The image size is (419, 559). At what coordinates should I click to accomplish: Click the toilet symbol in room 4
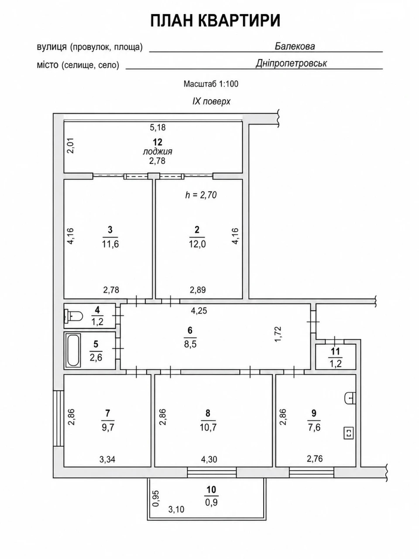click(x=74, y=316)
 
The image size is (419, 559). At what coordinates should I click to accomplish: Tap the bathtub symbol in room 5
click(x=73, y=350)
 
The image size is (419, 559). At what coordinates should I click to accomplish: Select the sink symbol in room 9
click(x=350, y=398)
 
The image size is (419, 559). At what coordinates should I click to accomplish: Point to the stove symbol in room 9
click(x=349, y=433)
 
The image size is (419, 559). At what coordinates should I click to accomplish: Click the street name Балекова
click(x=295, y=46)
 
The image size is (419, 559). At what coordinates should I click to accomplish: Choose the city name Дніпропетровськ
click(x=291, y=63)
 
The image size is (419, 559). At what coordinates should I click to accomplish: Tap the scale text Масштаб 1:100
click(x=211, y=84)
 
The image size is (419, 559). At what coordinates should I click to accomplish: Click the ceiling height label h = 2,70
click(x=201, y=195)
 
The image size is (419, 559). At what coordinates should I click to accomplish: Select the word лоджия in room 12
click(x=158, y=152)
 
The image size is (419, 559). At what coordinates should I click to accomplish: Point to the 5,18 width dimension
click(x=158, y=128)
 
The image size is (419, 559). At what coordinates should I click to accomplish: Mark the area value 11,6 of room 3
click(x=110, y=244)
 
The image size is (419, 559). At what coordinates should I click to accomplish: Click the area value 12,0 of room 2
click(x=197, y=244)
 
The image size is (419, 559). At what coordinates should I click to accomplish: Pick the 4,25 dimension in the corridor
click(x=199, y=311)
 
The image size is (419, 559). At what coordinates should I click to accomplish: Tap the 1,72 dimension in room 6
click(x=278, y=334)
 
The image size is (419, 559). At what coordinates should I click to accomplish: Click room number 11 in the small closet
click(x=335, y=352)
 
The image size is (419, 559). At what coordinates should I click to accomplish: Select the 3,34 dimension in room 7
click(x=107, y=459)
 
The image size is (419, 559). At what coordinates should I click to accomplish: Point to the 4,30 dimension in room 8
click(x=209, y=459)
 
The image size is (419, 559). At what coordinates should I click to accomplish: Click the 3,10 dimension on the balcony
click(x=176, y=509)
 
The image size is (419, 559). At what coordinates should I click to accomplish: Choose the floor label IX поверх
click(x=211, y=101)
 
